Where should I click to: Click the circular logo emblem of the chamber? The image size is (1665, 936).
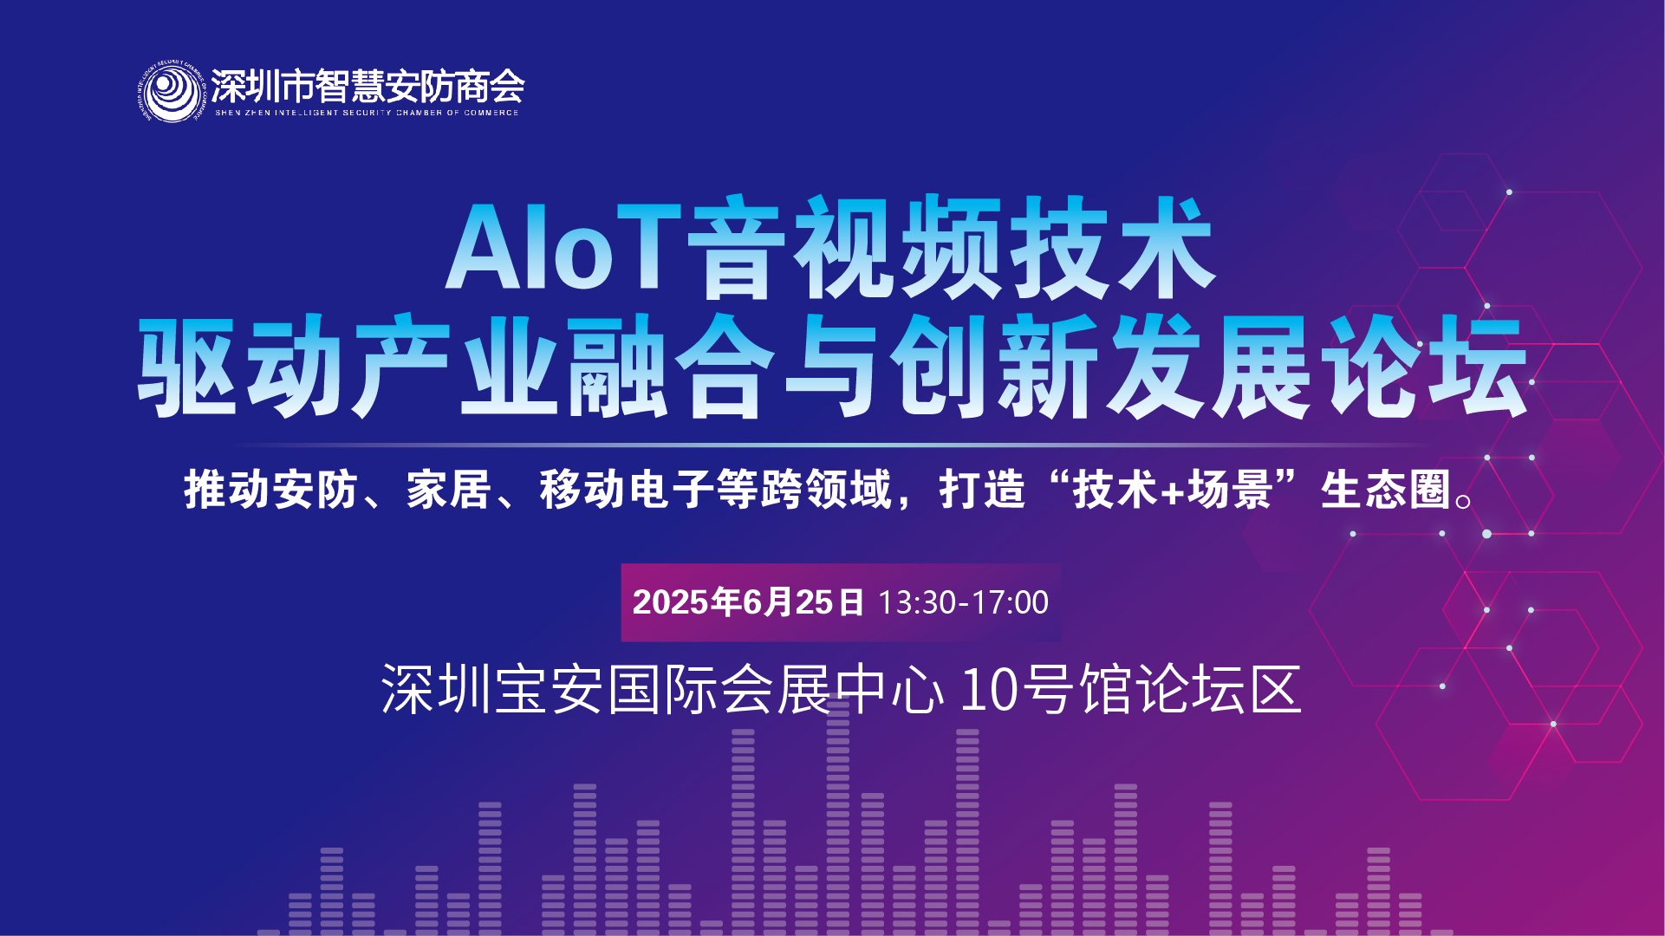tap(171, 92)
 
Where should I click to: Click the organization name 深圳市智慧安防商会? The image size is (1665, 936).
tap(367, 86)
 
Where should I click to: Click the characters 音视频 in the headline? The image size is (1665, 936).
tap(845, 248)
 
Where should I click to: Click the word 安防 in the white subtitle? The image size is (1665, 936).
tap(315, 490)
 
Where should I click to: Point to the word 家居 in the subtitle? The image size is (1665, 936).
tap(449, 490)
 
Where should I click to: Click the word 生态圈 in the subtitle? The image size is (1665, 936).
tap(1385, 490)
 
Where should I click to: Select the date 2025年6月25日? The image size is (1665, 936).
tap(749, 602)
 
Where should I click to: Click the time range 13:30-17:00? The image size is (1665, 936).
tap(963, 602)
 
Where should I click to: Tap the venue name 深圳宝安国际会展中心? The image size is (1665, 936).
tap(662, 690)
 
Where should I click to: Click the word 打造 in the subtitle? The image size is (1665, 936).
tap(982, 490)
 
